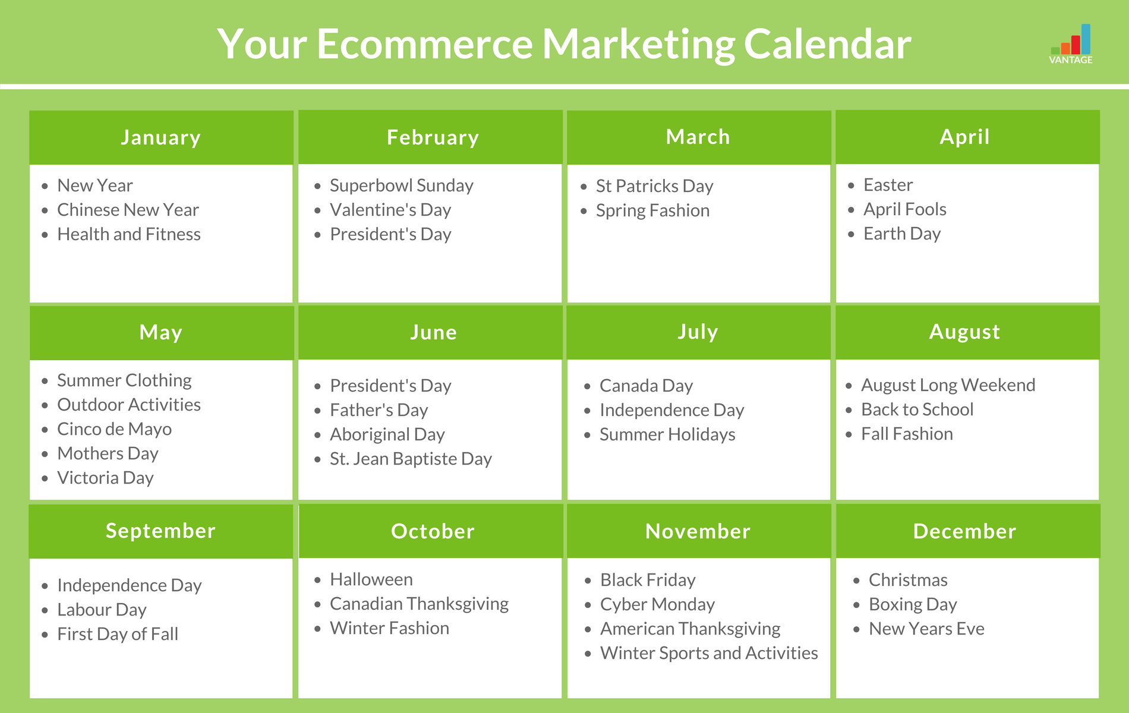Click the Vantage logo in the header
[x=1071, y=45]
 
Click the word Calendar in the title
[x=827, y=45]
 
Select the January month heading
[x=161, y=138]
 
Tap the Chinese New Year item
[x=128, y=210]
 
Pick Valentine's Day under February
[x=390, y=210]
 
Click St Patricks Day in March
[x=654, y=187]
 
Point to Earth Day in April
[x=901, y=234]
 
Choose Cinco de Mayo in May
[x=114, y=430]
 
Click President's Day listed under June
[x=390, y=386]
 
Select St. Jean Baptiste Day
[x=411, y=459]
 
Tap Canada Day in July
[x=646, y=386]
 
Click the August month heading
[x=964, y=332]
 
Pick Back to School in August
[x=917, y=410]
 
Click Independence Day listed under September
[x=129, y=586]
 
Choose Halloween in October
[x=371, y=580]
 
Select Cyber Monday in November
[x=657, y=605]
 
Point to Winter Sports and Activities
[x=709, y=654]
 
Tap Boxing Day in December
[x=913, y=605]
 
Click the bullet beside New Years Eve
[x=856, y=629]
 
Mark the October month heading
[x=433, y=532]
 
